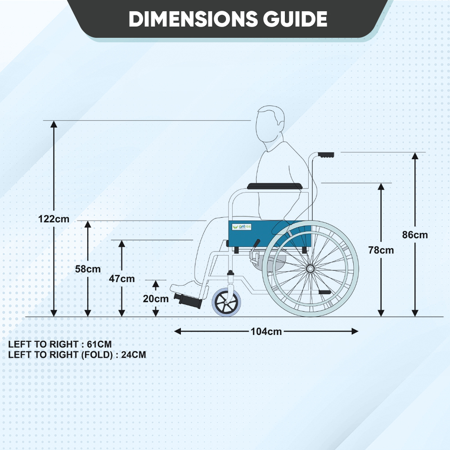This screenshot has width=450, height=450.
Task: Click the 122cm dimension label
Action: coord(54,219)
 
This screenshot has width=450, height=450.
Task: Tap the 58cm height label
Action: coord(88,269)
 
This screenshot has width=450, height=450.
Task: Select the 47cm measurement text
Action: coord(121,279)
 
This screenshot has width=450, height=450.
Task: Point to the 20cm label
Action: coord(156,298)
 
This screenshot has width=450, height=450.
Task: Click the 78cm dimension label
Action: coord(381,250)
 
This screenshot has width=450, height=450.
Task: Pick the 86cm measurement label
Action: coord(415,234)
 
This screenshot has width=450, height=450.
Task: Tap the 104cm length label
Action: coord(266,332)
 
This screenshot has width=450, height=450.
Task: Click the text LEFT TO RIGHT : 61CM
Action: coord(60,344)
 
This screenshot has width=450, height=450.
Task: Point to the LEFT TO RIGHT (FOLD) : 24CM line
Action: coord(77,355)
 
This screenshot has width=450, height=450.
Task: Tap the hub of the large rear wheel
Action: coord(310,269)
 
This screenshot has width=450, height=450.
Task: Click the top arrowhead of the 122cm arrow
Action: coord(54,124)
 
